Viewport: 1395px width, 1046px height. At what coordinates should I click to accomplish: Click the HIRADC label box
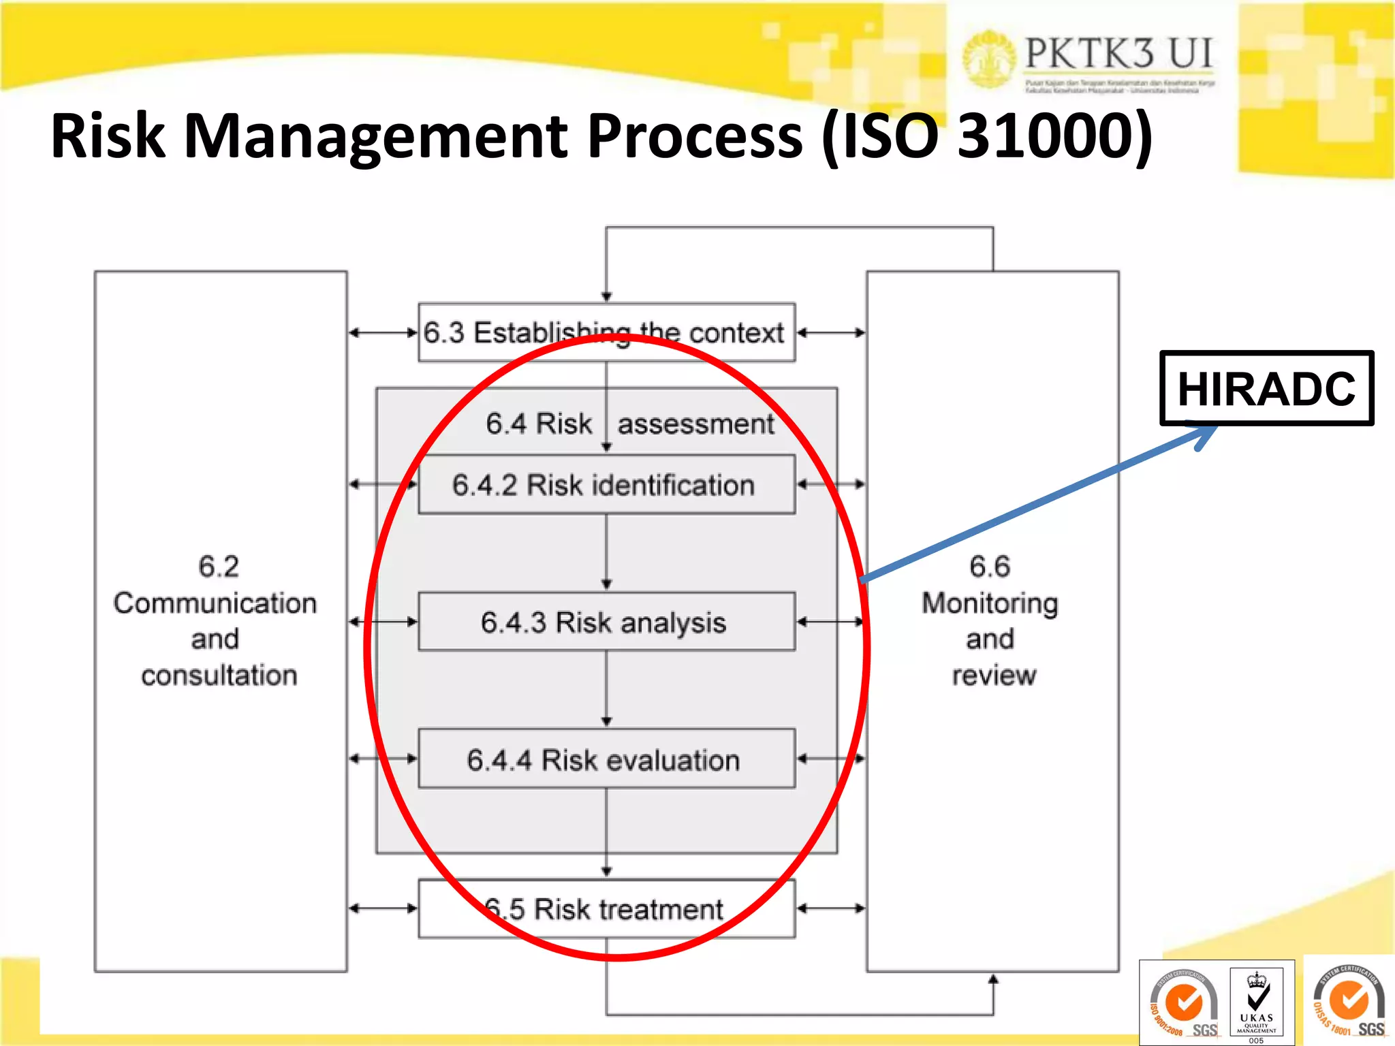pos(1266,388)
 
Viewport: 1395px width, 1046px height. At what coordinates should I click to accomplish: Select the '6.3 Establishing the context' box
pos(606,333)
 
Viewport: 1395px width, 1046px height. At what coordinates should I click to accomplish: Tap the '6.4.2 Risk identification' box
pos(606,485)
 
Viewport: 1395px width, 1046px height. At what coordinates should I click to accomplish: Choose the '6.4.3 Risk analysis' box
pos(606,622)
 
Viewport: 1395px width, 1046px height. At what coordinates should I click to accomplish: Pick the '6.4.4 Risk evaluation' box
pos(606,759)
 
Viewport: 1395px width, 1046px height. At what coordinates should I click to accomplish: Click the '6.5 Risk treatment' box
pos(606,909)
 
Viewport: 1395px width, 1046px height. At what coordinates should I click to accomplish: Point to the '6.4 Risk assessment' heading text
pos(629,424)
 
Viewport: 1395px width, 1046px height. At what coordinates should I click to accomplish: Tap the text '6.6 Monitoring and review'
pos(991,620)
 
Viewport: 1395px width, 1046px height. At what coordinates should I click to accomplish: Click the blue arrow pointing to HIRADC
pos(1035,505)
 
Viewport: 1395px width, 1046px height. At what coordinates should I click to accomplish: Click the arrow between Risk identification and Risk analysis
pos(606,552)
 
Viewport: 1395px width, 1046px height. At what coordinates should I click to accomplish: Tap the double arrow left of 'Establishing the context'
pos(383,333)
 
